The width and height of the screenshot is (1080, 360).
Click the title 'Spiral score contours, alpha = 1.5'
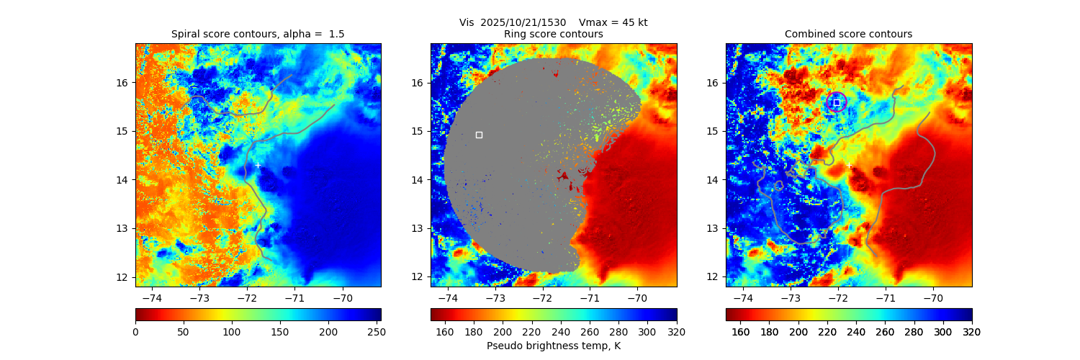click(258, 34)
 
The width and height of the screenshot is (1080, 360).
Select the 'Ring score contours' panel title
click(554, 34)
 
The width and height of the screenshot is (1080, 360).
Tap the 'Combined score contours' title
click(848, 34)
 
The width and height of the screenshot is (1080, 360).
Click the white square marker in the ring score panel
click(479, 135)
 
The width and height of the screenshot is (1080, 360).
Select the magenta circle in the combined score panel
click(837, 102)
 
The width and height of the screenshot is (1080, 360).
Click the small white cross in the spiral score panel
click(258, 166)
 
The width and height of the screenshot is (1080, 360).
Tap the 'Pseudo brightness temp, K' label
click(554, 346)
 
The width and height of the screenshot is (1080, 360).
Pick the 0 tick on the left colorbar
click(135, 331)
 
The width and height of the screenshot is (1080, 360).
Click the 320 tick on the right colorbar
click(972, 331)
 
